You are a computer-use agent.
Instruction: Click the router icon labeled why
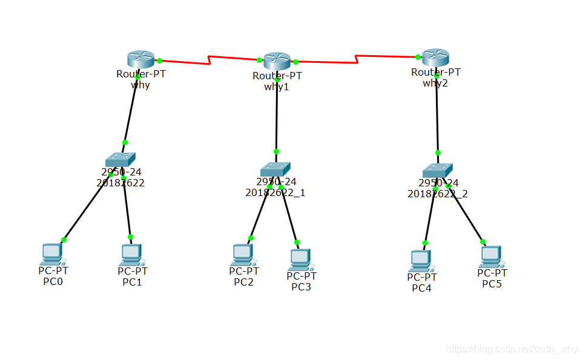click(141, 59)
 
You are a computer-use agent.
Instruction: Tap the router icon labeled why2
click(435, 57)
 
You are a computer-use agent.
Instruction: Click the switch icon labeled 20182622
click(120, 159)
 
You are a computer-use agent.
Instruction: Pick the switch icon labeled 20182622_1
click(275, 169)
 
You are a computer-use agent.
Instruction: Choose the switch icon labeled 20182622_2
click(438, 170)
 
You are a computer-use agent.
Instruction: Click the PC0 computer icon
click(53, 254)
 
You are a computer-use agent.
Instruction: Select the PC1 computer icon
click(131, 254)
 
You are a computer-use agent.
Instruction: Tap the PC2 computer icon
click(243, 255)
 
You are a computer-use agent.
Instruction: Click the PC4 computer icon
click(421, 260)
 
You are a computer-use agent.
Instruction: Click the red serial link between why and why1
click(209, 60)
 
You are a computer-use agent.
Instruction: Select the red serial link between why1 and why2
click(357, 59)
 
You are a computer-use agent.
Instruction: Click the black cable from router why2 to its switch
click(436, 115)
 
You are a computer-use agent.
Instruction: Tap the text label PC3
click(301, 287)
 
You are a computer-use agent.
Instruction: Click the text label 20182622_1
click(275, 192)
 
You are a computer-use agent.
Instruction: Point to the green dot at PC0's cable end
click(64, 240)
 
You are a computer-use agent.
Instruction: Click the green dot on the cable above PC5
click(483, 241)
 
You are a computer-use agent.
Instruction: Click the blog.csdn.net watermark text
click(512, 349)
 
